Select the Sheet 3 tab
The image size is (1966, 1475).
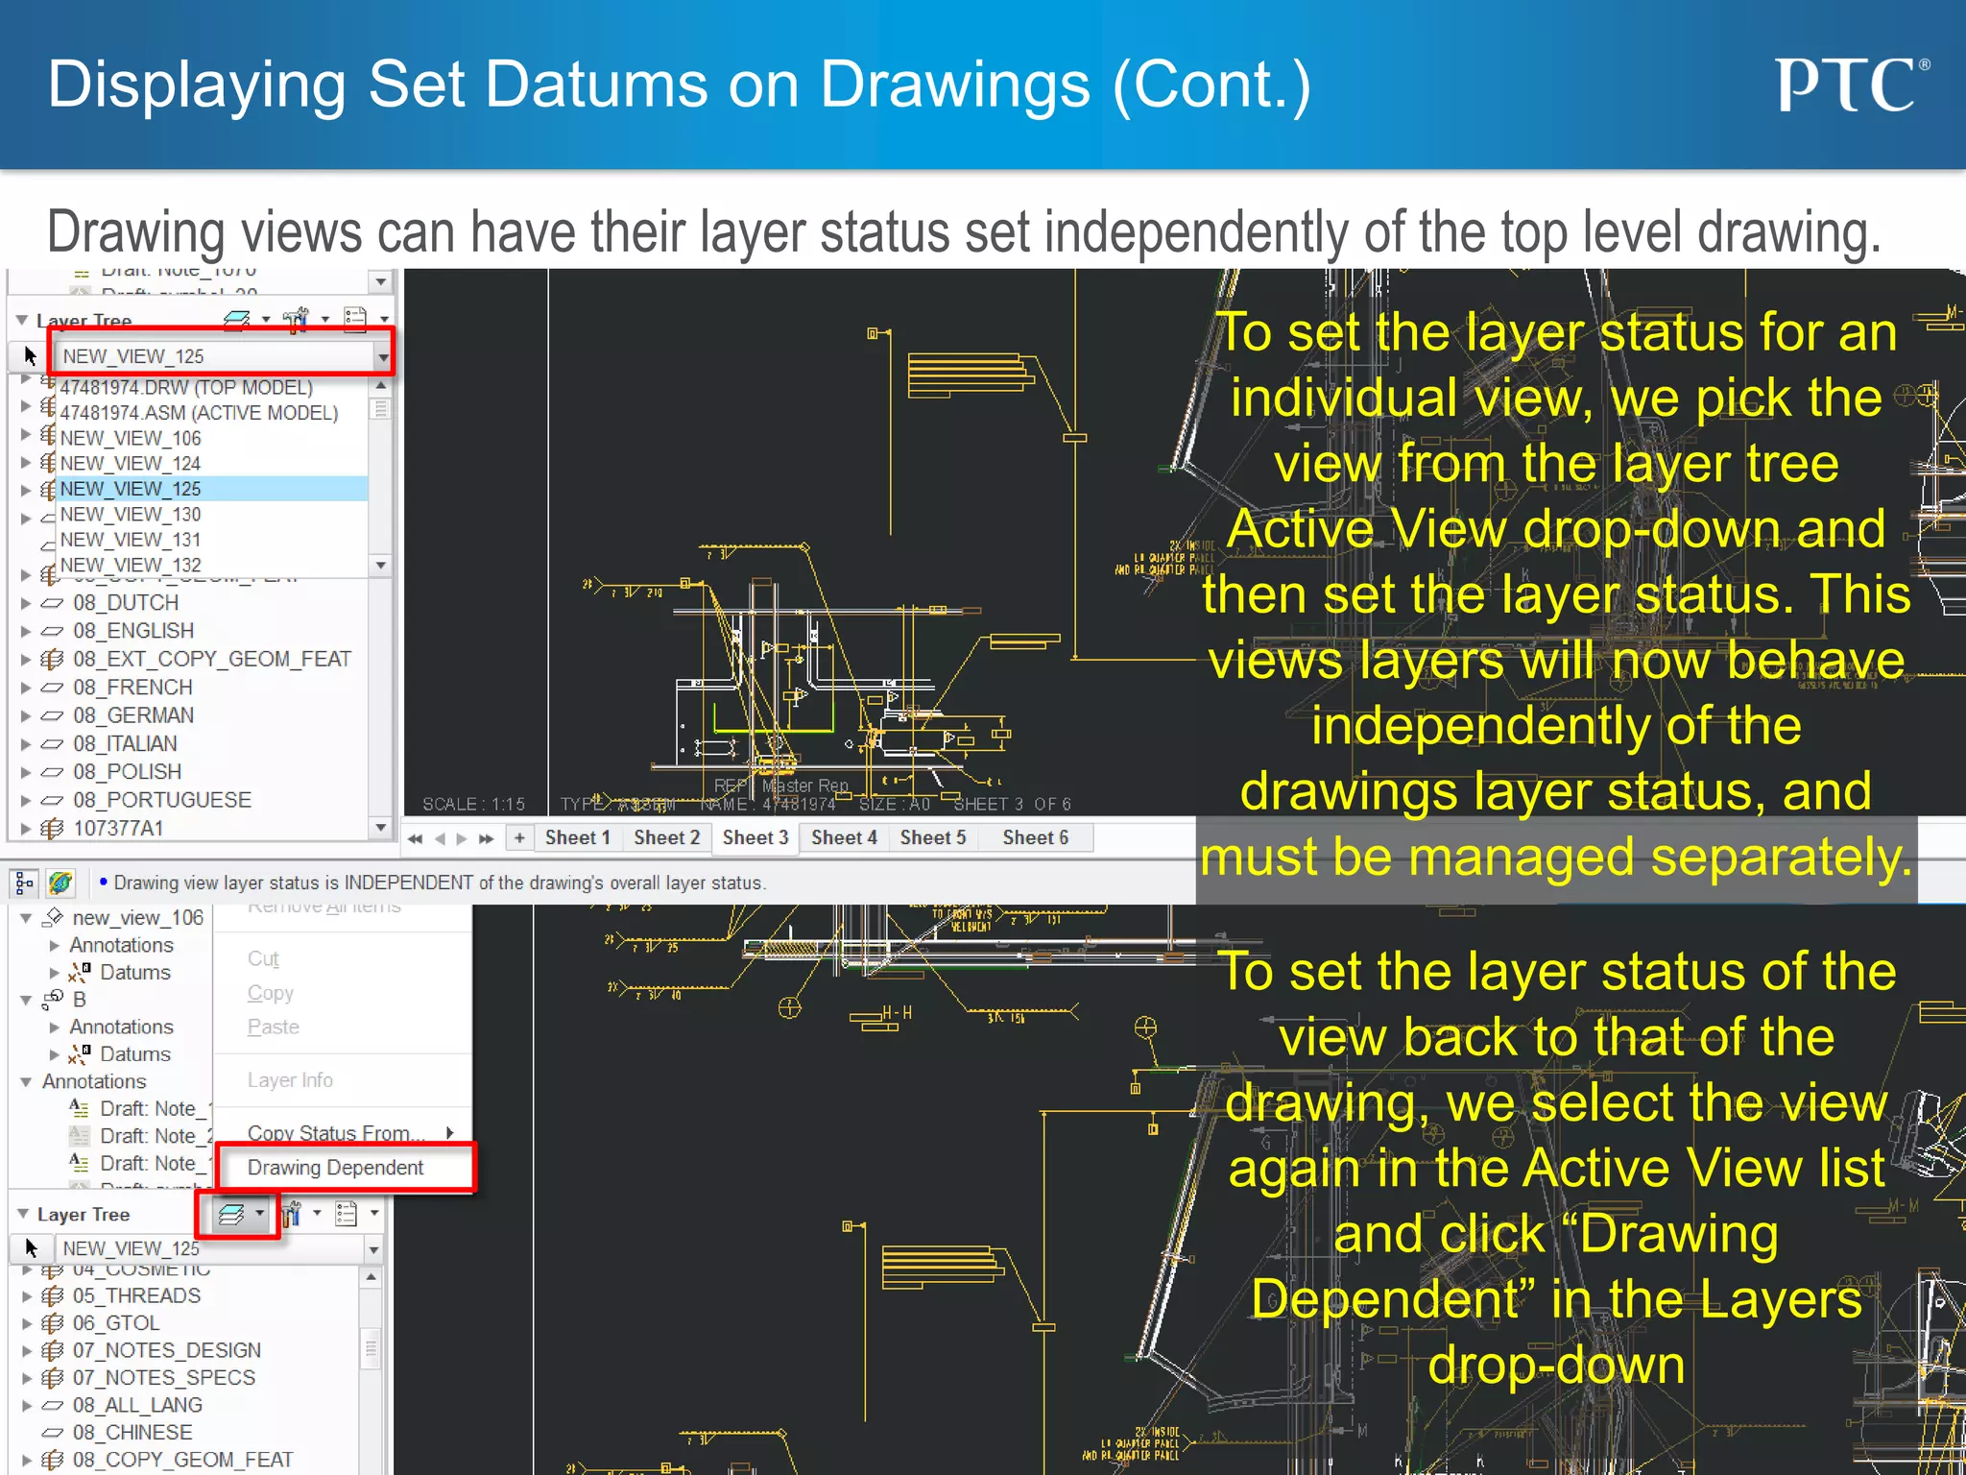point(755,837)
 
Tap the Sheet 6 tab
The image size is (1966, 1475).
point(1035,837)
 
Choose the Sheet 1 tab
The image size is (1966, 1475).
point(577,837)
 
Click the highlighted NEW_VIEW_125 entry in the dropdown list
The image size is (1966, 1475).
point(131,489)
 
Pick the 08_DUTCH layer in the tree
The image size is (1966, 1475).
point(126,603)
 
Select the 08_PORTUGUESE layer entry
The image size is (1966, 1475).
point(161,800)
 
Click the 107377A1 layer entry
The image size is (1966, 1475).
point(118,828)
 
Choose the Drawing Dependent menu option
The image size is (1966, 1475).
point(335,1168)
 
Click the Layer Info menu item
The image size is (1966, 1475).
point(290,1080)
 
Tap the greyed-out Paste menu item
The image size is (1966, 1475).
point(273,1027)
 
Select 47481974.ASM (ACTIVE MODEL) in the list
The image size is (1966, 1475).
point(199,413)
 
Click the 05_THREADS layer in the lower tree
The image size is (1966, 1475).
point(136,1295)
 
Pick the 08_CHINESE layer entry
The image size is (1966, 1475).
point(132,1432)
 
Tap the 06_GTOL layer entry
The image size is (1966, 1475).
point(116,1322)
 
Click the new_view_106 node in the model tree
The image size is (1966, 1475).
point(137,918)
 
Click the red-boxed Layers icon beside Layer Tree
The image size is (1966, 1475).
point(232,1215)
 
